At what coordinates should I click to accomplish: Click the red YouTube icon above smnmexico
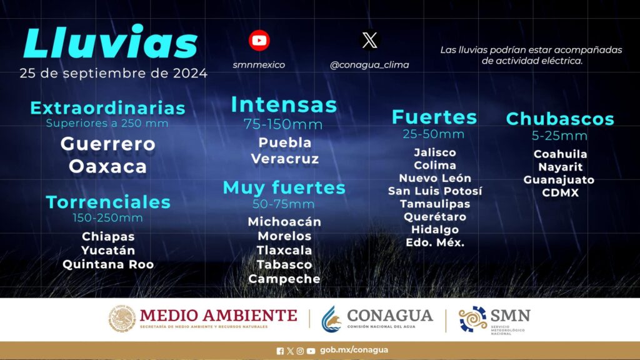pos(259,41)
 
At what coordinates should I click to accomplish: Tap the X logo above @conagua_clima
pos(370,41)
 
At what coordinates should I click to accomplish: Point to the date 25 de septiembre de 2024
pos(114,74)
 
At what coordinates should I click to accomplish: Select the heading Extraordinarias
pos(107,108)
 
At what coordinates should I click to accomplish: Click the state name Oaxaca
pos(107,166)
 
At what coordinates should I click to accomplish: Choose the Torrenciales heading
pos(108,202)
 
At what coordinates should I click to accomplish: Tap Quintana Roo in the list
pos(108,264)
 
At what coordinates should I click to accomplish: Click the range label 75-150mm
pos(283,124)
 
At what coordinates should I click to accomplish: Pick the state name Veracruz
pos(285,159)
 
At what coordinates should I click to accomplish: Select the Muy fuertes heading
pos(284,187)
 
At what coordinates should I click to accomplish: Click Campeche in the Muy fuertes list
pos(284,279)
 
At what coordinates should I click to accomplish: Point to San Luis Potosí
pos(435,191)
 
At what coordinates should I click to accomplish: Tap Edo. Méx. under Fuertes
pos(435,242)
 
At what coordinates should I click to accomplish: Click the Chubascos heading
pos(560,119)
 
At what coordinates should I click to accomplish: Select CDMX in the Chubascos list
pos(561,192)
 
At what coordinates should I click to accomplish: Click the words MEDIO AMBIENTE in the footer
pos(218,316)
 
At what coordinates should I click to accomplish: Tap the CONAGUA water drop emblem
pos(331,319)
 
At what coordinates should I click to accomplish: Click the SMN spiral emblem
pos(472,319)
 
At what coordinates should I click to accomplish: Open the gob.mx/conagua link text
pos(354,350)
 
